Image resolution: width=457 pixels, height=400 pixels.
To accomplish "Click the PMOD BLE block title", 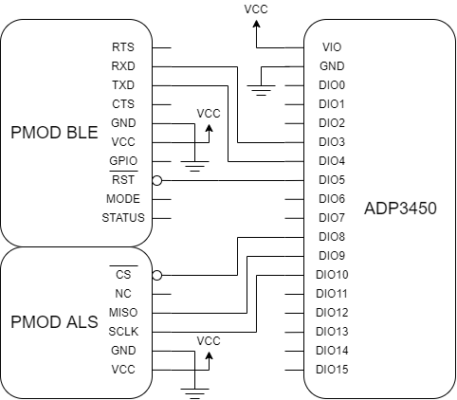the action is [54, 133].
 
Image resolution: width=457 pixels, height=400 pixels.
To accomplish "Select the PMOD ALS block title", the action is [54, 322].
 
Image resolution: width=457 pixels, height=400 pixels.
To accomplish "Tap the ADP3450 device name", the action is [400, 209].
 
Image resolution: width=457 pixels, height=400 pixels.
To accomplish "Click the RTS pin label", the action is [123, 47].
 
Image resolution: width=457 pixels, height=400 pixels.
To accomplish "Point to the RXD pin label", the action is [123, 66].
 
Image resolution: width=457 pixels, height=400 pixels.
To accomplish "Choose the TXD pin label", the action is [123, 85].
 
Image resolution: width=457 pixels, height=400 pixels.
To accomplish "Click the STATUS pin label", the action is [123, 218].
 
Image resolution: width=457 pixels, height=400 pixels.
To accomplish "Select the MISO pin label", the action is [123, 313].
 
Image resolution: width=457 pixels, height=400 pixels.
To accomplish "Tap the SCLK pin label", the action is [123, 332].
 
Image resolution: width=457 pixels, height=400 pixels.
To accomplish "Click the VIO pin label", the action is [332, 47].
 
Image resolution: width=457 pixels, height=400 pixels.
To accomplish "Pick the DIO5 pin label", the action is [332, 180].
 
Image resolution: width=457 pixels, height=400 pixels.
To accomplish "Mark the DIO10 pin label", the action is [332, 275].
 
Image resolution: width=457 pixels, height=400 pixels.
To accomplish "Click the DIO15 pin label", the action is [332, 370].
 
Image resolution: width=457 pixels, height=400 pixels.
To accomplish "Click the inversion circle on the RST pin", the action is [157, 181].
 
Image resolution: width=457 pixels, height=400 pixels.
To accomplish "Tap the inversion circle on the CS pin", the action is [157, 276].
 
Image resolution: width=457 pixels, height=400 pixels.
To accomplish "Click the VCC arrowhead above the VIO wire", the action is [256, 24].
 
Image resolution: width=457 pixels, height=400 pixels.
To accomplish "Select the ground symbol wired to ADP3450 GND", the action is [261, 90].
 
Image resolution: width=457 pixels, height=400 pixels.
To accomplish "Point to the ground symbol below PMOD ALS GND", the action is [194, 393].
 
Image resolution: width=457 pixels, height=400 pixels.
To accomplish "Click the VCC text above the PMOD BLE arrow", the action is [209, 114].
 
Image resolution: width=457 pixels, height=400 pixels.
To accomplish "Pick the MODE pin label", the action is [123, 199].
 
